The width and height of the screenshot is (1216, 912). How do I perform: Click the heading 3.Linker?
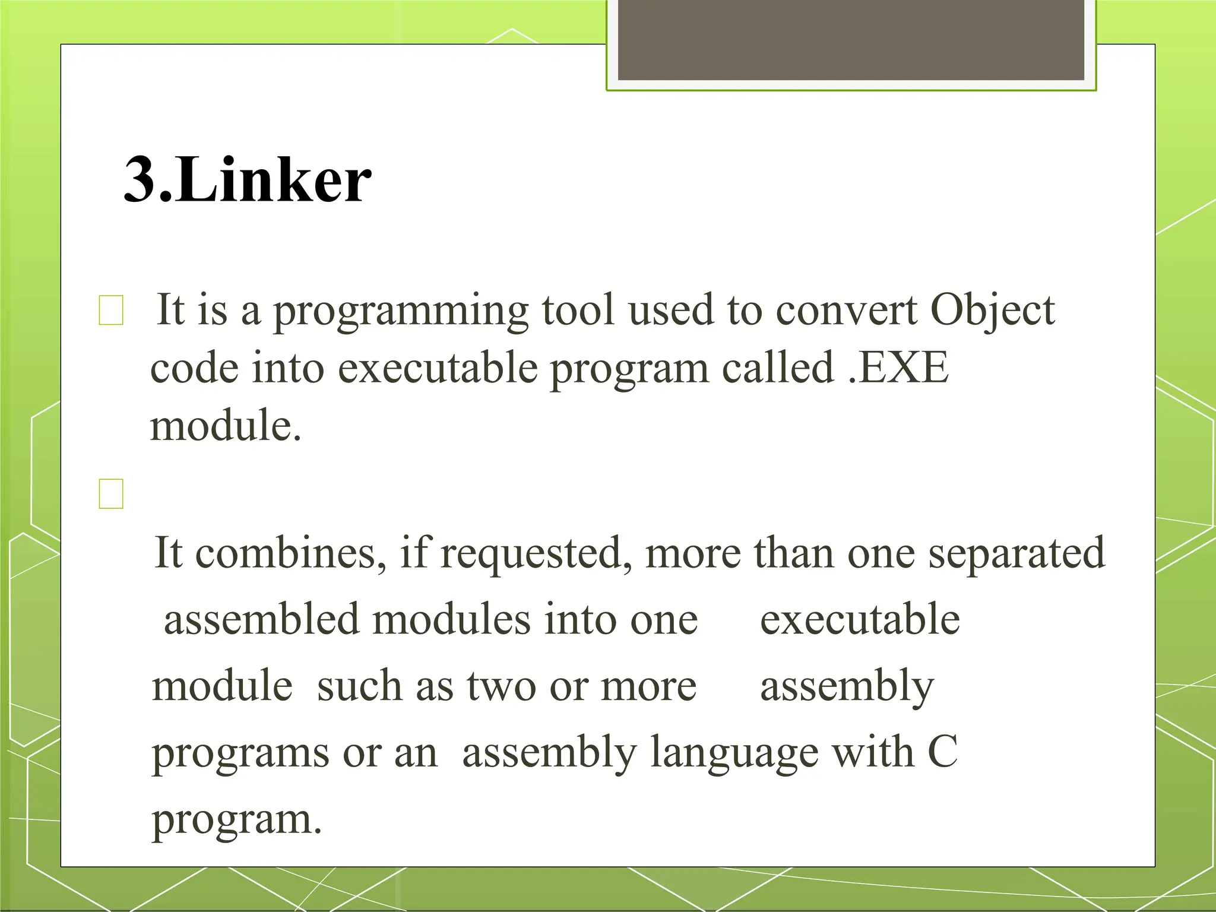tap(248, 179)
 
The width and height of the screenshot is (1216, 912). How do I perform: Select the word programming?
tap(401, 311)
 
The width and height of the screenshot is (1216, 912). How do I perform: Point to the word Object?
tap(992, 311)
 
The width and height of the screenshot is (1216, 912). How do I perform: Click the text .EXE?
tap(898, 368)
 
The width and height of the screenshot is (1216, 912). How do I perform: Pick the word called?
tap(778, 368)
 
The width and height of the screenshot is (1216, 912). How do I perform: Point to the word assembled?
tap(262, 620)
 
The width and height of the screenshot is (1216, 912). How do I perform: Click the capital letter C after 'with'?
tap(942, 752)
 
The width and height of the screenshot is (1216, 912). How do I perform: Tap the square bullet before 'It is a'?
tap(111, 311)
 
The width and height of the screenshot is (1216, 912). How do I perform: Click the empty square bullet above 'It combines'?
tap(111, 493)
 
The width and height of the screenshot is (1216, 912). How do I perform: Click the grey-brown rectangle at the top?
tap(851, 40)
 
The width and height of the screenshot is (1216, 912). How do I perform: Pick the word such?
tap(359, 686)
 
